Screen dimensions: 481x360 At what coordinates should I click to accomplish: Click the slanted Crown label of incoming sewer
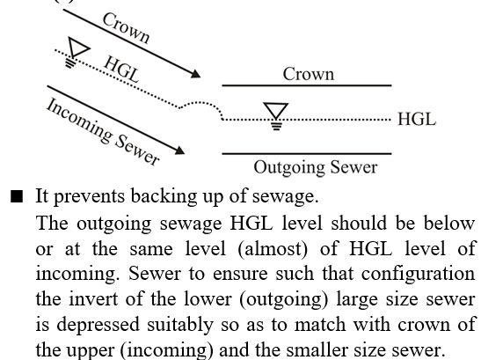point(126,28)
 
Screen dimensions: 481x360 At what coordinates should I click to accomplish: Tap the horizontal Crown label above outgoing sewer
point(309,74)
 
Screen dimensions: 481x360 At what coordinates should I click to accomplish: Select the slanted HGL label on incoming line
point(121,70)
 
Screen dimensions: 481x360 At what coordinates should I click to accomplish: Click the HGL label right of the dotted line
point(417,119)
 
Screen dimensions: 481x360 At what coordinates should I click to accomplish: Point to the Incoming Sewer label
point(103,132)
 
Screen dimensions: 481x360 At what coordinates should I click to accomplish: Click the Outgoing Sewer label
point(316,168)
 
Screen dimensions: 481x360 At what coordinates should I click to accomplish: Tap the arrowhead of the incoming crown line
point(195,74)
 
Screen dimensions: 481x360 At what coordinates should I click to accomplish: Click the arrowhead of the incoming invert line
point(179,151)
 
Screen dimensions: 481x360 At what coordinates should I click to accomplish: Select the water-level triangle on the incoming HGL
point(77,47)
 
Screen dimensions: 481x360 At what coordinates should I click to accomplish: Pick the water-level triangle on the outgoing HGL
point(276,111)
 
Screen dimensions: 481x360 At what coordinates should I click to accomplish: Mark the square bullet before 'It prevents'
point(17,196)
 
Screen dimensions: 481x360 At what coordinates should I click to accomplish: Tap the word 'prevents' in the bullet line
point(90,197)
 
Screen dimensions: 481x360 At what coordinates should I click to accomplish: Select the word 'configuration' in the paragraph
point(418,274)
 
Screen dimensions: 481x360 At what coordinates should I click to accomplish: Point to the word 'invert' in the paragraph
point(93,298)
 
